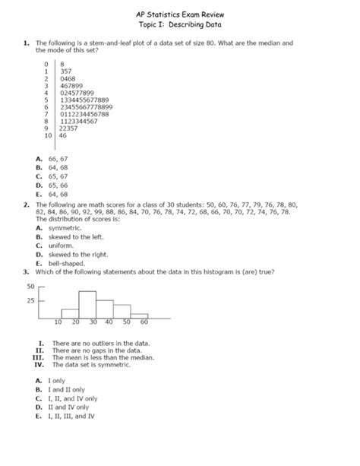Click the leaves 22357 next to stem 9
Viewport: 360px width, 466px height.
68,128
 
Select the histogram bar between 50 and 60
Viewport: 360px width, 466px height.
140,312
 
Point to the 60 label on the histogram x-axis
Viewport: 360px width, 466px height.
144,322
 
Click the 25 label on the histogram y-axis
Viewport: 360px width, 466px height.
32,300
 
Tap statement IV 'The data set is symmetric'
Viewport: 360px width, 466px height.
93,364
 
